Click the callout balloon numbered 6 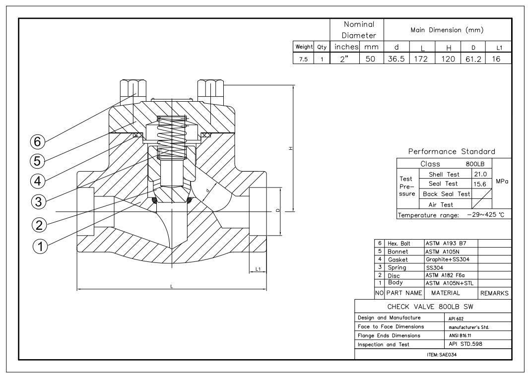coord(38,141)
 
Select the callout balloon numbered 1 coord(40,247)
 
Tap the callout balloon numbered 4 coord(38,181)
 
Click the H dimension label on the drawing coord(291,148)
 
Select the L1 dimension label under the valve coord(258,269)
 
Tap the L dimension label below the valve coord(172,286)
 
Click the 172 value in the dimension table coord(421,59)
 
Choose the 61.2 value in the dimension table coord(473,59)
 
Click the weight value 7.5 coord(303,59)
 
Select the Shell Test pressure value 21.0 coord(480,174)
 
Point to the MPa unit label coord(502,182)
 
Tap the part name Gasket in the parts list coord(397,259)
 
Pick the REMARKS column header coord(494,293)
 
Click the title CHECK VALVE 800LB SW coord(430,307)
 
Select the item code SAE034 coord(442,355)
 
